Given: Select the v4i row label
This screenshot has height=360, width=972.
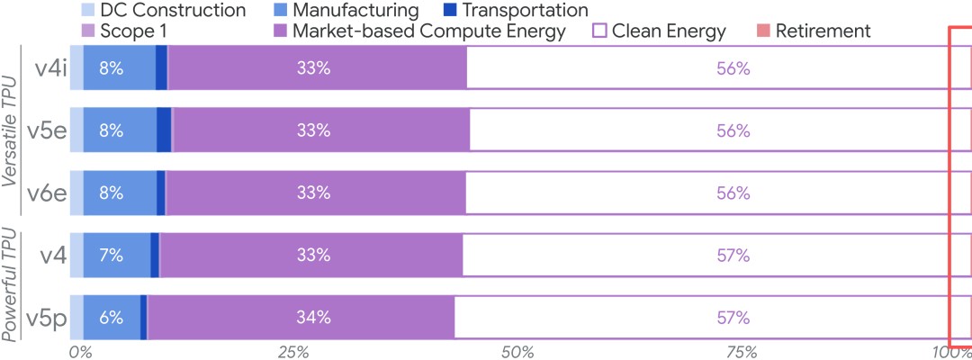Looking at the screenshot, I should click(48, 68).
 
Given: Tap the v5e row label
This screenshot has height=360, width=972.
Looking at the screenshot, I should click(47, 130).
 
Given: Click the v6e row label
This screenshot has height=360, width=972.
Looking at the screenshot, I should click(47, 193).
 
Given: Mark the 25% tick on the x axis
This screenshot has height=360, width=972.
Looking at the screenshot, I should click(293, 351).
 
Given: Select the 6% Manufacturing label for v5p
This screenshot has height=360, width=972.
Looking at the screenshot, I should click(111, 317).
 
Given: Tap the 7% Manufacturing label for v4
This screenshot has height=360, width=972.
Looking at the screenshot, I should click(111, 255).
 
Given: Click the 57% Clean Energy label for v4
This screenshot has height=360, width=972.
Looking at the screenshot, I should click(733, 255).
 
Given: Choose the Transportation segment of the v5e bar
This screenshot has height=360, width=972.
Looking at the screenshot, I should click(164, 130).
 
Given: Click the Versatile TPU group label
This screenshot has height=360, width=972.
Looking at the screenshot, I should click(10, 131).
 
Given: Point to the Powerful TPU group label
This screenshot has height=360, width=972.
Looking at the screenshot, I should click(10, 287).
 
